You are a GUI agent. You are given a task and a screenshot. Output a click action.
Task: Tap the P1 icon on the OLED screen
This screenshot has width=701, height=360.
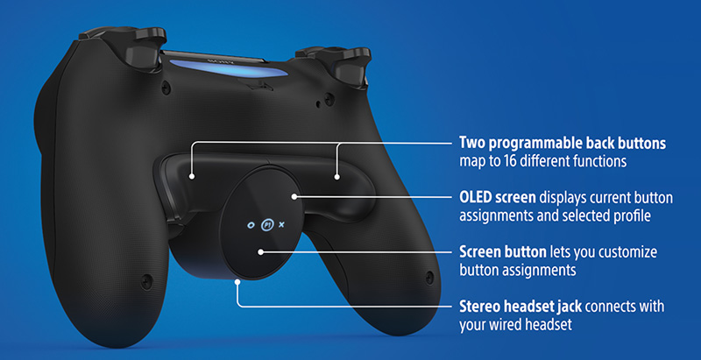point(266,224)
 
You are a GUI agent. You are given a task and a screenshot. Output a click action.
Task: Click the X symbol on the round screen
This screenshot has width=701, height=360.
point(281,224)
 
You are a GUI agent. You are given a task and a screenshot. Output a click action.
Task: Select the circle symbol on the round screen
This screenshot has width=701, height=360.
point(250,224)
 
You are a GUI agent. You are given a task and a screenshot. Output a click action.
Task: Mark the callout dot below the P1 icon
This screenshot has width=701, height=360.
point(260,252)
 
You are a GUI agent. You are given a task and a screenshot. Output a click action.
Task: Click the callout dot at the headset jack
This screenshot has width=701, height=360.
point(237,282)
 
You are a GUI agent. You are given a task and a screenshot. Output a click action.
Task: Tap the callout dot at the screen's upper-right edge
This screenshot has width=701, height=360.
point(295,197)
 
